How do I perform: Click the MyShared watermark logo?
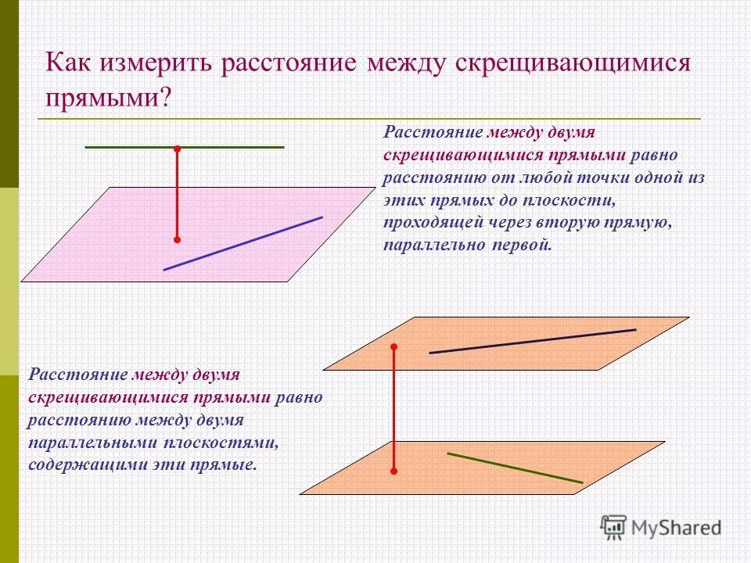coord(661,527)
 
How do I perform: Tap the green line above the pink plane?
coord(235,146)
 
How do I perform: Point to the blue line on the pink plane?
coord(243,243)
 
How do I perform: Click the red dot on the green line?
coord(178,147)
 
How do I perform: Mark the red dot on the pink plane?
coord(178,239)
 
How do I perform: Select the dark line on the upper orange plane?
coord(532,341)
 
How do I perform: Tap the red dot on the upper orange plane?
coord(394,346)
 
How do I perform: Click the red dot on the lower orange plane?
coord(394,472)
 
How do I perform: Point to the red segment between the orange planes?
coord(394,408)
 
